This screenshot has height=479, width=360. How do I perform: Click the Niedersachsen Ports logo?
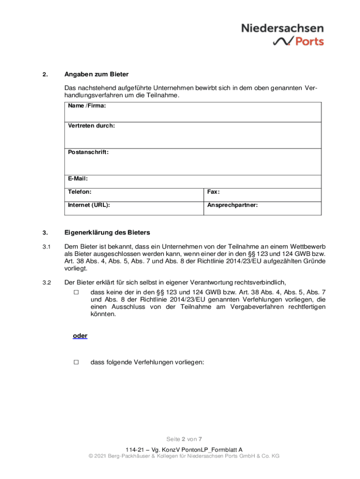[282, 35]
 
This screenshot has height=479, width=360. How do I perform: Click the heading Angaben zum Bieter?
[96, 74]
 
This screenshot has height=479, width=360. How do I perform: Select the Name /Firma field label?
[86, 106]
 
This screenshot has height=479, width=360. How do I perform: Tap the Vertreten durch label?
[91, 126]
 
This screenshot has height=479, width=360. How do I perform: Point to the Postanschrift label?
[88, 152]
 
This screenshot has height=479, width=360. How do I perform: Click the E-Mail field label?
[78, 178]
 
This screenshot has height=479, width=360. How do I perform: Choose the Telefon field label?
[79, 192]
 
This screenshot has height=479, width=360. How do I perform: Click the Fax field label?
[214, 192]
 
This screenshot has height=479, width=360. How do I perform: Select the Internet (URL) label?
[89, 205]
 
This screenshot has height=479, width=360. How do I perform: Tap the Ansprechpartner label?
[232, 205]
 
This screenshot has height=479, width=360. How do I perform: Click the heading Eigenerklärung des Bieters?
[107, 232]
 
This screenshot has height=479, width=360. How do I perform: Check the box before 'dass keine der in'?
[76, 292]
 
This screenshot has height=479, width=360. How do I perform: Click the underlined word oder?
[80, 336]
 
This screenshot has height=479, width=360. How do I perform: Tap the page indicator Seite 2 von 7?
[184, 439]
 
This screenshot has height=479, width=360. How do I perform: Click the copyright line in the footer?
[180, 456]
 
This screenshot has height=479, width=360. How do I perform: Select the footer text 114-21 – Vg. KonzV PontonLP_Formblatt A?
[180, 449]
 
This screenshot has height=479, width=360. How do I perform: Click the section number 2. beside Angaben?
[45, 75]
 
